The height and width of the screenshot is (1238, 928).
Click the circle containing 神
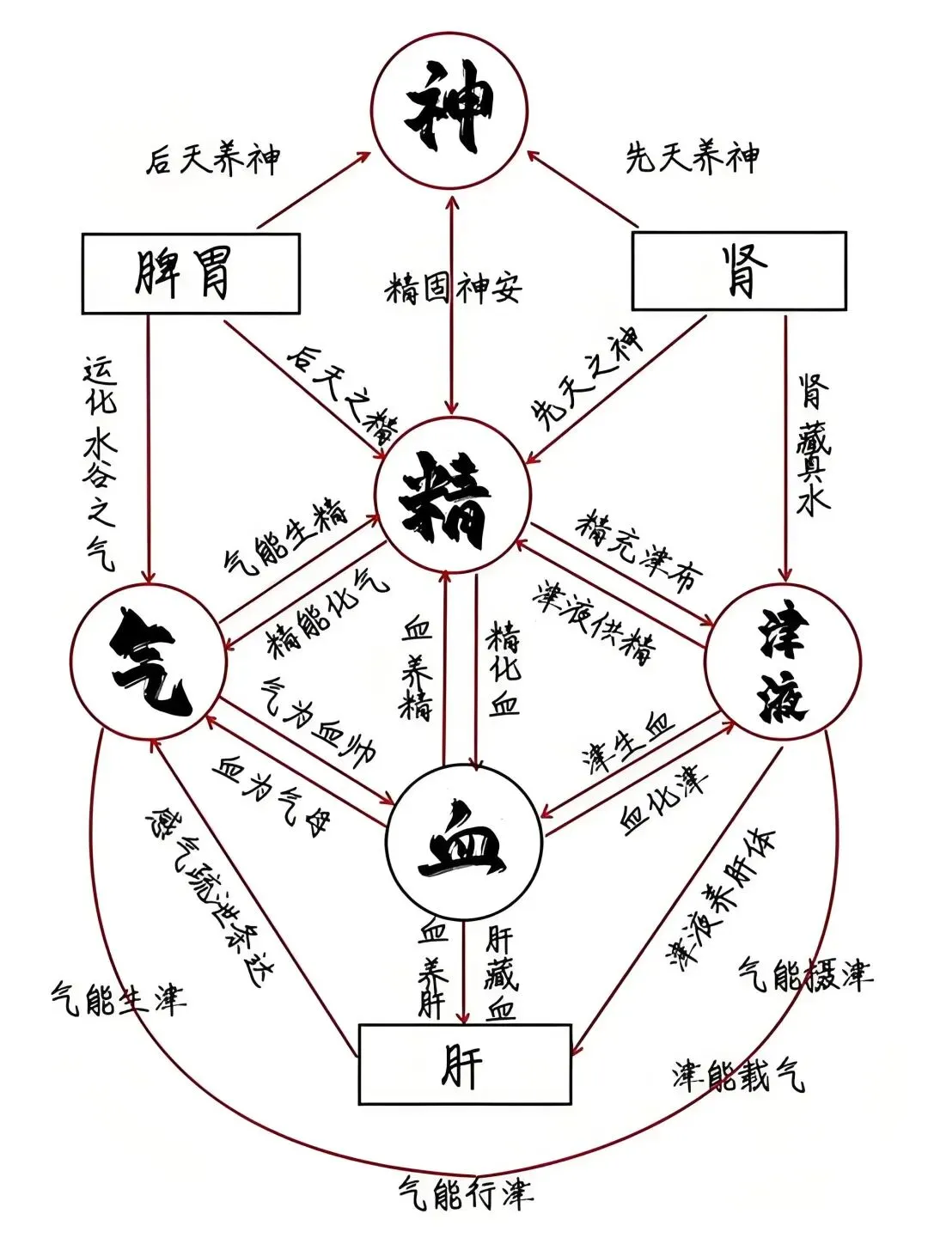[450, 112]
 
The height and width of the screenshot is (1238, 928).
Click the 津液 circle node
[783, 662]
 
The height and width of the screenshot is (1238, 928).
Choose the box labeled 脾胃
[191, 273]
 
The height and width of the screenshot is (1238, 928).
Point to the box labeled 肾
[739, 271]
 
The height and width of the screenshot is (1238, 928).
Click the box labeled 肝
[465, 1064]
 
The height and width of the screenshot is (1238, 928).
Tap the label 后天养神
[212, 160]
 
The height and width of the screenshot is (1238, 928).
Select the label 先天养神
[692, 158]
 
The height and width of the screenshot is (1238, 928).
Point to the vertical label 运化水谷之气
[100, 464]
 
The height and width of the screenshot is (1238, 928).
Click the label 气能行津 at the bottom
[465, 1194]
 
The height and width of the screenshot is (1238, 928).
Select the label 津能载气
[738, 1074]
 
